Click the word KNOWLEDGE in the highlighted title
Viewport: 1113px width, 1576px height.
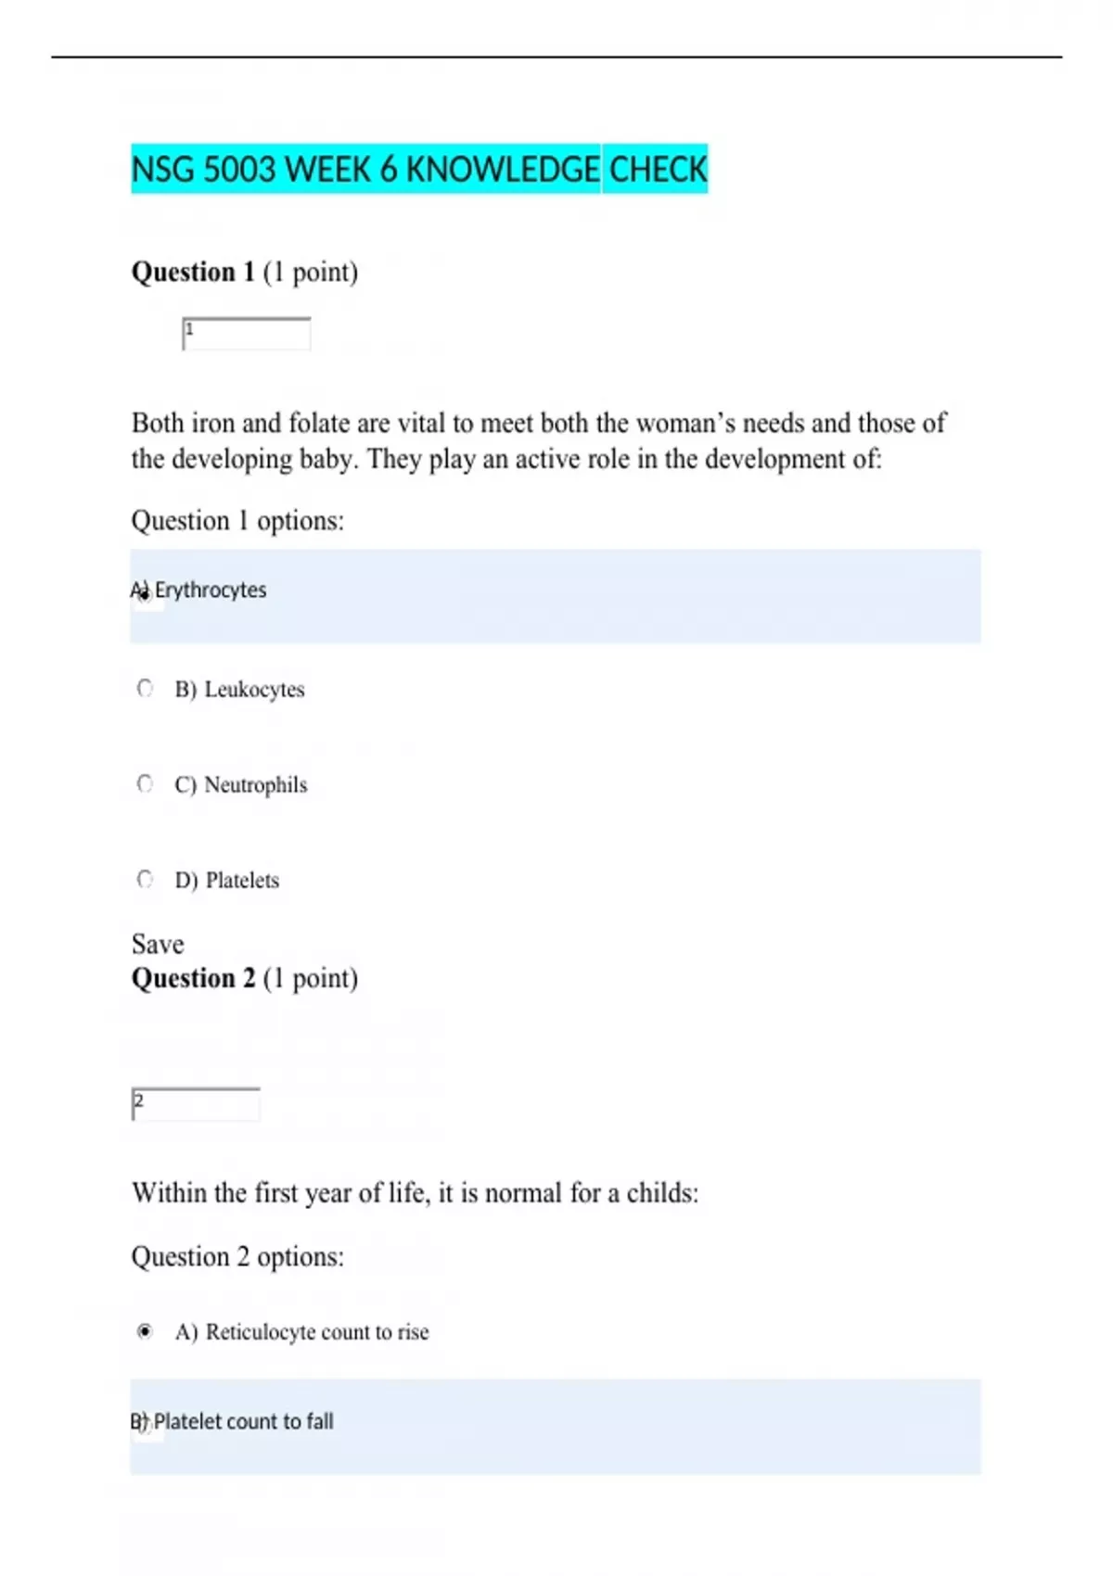502,170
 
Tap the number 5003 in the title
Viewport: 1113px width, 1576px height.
239,170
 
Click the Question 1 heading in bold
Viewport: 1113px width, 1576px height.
193,272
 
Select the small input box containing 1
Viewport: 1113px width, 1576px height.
247,334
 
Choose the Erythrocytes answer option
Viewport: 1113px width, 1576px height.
211,591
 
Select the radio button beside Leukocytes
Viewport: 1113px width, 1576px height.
145,689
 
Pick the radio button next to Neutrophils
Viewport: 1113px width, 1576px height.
145,784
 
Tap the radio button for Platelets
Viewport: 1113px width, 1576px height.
145,879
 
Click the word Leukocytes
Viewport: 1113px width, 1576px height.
254,690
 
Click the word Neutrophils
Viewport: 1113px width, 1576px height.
255,785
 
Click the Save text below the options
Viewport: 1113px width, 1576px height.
158,944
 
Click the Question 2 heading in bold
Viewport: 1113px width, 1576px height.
193,978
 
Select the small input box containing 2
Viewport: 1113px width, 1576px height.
196,1104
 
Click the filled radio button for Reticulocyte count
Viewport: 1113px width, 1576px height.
145,1331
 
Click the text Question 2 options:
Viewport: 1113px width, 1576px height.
237,1256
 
